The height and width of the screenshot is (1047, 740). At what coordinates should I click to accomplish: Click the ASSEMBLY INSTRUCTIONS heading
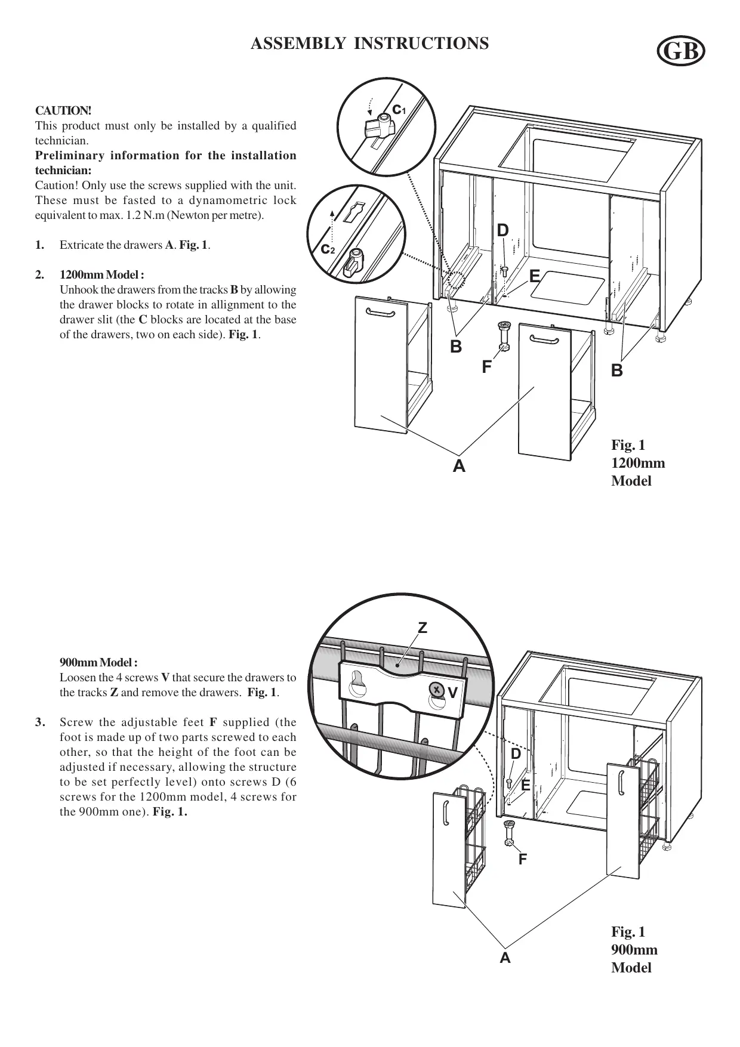(369, 44)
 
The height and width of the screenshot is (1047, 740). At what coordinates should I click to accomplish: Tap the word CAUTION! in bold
(63, 111)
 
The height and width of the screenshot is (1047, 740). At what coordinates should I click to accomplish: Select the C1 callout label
(399, 110)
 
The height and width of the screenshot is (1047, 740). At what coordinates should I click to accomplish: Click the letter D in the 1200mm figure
(503, 230)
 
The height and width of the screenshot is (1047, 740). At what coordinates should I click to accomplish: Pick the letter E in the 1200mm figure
(534, 276)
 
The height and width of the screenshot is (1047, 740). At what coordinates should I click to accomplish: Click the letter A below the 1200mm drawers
(458, 466)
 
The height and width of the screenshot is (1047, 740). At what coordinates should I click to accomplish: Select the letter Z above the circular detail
(423, 628)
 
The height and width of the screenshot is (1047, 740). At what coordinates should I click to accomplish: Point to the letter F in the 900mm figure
(523, 859)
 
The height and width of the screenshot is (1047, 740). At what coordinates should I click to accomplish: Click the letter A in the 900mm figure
(505, 958)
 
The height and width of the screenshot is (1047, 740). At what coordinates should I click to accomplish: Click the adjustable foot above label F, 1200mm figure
(502, 335)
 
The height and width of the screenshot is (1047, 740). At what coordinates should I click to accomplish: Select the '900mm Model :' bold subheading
(99, 663)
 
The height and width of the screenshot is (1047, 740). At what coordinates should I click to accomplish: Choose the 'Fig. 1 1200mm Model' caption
(637, 463)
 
